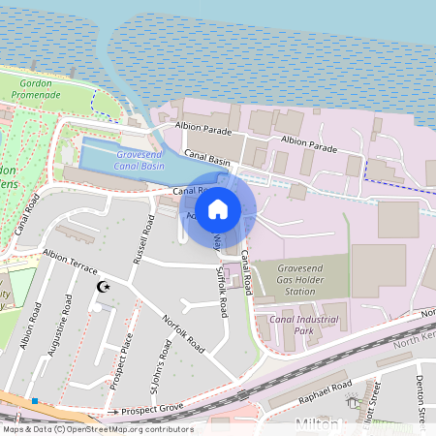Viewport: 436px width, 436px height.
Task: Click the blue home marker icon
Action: (218, 208)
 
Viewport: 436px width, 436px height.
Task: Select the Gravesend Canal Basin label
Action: (139, 160)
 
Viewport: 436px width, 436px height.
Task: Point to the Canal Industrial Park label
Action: (294, 325)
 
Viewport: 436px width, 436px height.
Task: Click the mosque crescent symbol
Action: (106, 287)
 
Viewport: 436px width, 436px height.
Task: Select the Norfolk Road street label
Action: (183, 331)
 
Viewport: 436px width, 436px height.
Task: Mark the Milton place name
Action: (317, 425)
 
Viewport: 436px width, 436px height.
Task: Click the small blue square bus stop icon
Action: (35, 400)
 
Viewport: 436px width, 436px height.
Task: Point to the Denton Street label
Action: (420, 398)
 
